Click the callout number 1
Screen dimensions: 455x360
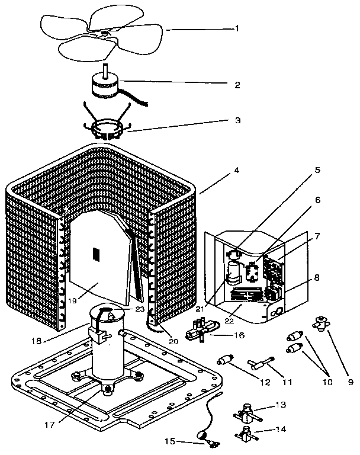[237, 28]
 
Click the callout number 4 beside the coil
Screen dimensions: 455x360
[237, 171]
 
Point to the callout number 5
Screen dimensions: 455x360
[317, 170]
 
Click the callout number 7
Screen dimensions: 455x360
[318, 236]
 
